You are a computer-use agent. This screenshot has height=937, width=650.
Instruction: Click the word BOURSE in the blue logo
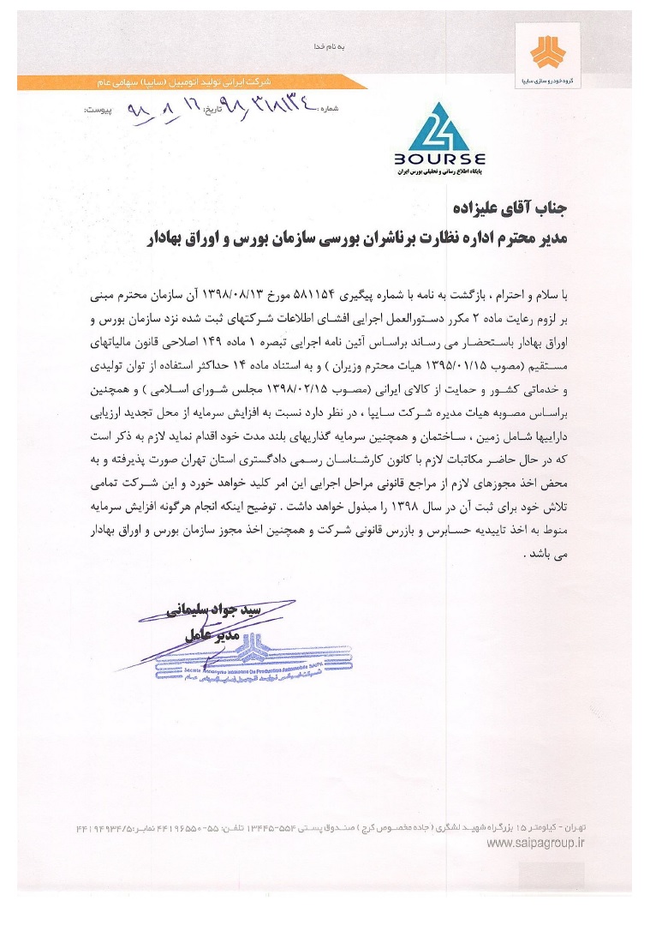tap(440, 159)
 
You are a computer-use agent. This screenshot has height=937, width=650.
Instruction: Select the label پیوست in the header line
tap(98, 111)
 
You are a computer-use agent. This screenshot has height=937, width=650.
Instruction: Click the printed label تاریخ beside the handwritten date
tap(214, 111)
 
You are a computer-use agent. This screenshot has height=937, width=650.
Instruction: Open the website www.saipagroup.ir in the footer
tap(535, 844)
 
